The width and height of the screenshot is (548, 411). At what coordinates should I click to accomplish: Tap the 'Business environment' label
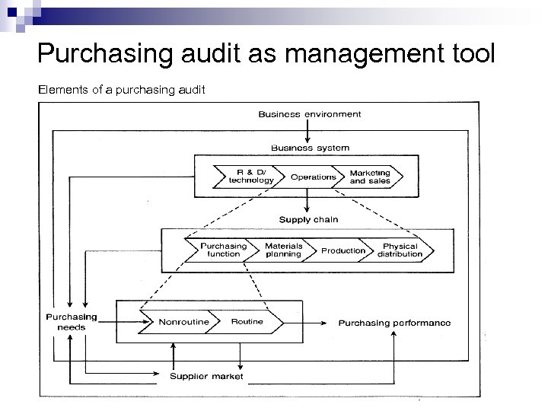(310, 115)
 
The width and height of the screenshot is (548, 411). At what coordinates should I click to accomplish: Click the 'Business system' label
(310, 147)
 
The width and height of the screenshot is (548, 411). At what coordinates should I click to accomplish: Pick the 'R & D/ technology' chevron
(251, 177)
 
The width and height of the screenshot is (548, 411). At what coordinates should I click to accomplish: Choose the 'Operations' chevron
(313, 177)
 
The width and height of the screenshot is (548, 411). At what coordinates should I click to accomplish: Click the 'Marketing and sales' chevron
(370, 177)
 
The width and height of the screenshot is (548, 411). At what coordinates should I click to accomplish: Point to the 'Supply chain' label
(308, 219)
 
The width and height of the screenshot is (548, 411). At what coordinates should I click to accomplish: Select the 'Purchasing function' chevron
(223, 250)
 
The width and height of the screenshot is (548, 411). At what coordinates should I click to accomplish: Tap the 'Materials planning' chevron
(283, 250)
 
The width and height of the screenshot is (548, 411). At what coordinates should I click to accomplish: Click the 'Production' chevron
(342, 250)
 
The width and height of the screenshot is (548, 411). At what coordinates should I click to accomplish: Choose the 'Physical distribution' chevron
(400, 250)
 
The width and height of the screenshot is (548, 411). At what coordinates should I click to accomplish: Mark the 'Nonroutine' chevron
(183, 322)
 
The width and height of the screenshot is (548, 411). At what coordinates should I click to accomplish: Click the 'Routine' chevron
(247, 322)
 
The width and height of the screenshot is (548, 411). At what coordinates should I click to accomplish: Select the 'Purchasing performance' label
(394, 323)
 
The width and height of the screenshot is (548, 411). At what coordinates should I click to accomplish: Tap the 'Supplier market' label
(206, 376)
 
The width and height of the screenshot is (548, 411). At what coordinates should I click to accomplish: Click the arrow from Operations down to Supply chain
(307, 202)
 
